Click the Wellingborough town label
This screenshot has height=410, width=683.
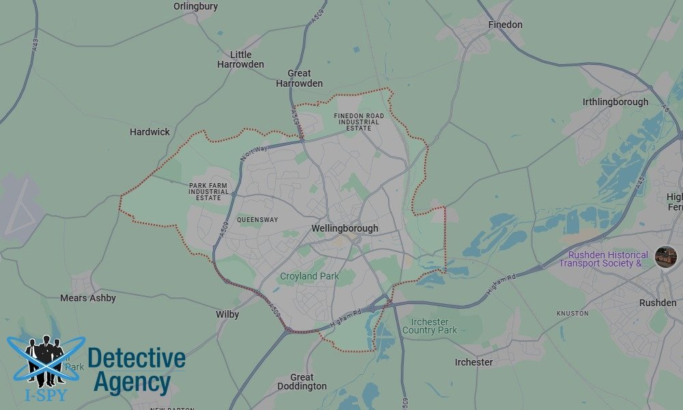click(344, 228)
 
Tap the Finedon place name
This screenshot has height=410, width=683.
click(505, 25)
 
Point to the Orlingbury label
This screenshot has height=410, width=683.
click(195, 6)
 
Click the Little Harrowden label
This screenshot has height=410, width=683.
click(240, 59)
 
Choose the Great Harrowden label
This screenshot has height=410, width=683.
click(299, 78)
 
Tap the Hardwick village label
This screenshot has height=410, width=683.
click(150, 132)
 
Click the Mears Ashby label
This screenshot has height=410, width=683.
click(88, 298)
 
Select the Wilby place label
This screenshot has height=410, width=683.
click(227, 314)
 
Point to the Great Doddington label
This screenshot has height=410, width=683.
click(302, 381)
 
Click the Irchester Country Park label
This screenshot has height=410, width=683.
click(430, 326)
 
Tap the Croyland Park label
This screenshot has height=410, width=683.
click(309, 276)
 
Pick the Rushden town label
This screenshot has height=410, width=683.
click(658, 302)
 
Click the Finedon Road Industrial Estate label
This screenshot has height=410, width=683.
click(359, 122)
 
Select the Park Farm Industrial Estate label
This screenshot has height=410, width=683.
click(209, 191)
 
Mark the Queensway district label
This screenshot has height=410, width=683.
click(257, 220)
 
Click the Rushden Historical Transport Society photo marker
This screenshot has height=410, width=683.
click(665, 257)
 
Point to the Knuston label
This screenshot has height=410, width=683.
click(572, 313)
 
